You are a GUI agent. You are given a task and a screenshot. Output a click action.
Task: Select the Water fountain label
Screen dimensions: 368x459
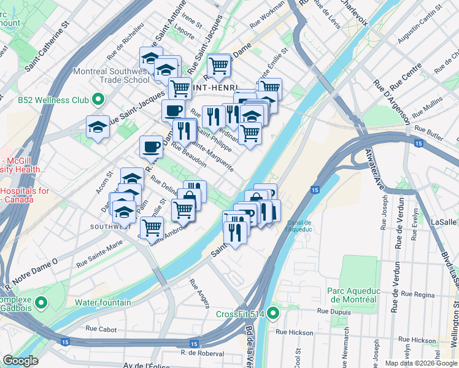(x=102, y=302)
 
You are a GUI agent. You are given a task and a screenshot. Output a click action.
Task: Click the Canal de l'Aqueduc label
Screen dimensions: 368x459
(x=299, y=226)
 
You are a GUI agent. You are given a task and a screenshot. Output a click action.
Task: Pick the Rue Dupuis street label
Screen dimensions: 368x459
(x=331, y=312)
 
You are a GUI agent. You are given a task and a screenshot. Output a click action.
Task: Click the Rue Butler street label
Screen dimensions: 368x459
(x=428, y=129)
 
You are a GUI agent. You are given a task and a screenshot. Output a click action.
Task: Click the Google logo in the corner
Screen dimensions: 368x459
(x=20, y=361)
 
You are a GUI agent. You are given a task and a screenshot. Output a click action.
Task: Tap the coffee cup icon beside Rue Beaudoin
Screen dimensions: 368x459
(x=151, y=147)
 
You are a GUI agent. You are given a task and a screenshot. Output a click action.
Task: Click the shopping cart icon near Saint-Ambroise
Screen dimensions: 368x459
(x=151, y=228)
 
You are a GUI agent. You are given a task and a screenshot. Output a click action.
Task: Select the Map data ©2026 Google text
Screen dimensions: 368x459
(x=420, y=363)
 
